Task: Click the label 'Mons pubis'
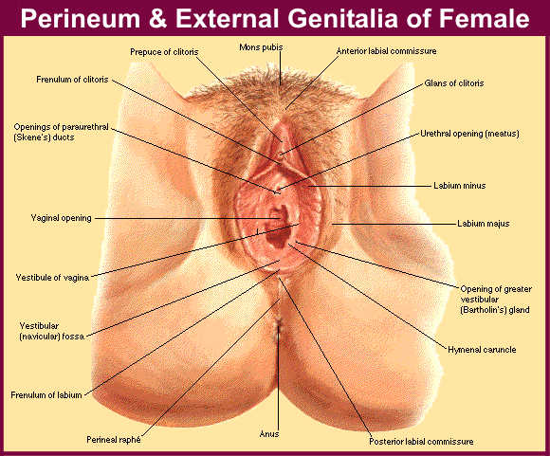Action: [x=261, y=47]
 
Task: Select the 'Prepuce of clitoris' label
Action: [x=164, y=52]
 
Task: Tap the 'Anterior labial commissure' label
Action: [x=386, y=51]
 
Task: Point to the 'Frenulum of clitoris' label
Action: [x=72, y=80]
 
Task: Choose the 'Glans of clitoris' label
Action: [x=454, y=83]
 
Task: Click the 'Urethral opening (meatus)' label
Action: [x=469, y=134]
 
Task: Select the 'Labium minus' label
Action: [x=460, y=186]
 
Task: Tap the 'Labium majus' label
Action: [x=484, y=224]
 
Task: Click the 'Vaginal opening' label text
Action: [x=61, y=218]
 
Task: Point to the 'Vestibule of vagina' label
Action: [x=52, y=278]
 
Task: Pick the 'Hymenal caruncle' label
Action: [x=482, y=350]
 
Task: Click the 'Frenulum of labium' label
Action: [x=46, y=395]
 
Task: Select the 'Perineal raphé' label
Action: [x=114, y=440]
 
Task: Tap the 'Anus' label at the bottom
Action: [x=269, y=434]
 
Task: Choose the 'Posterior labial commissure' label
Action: [x=421, y=442]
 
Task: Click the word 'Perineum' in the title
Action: [x=81, y=18]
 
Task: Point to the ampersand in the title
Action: [x=157, y=18]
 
